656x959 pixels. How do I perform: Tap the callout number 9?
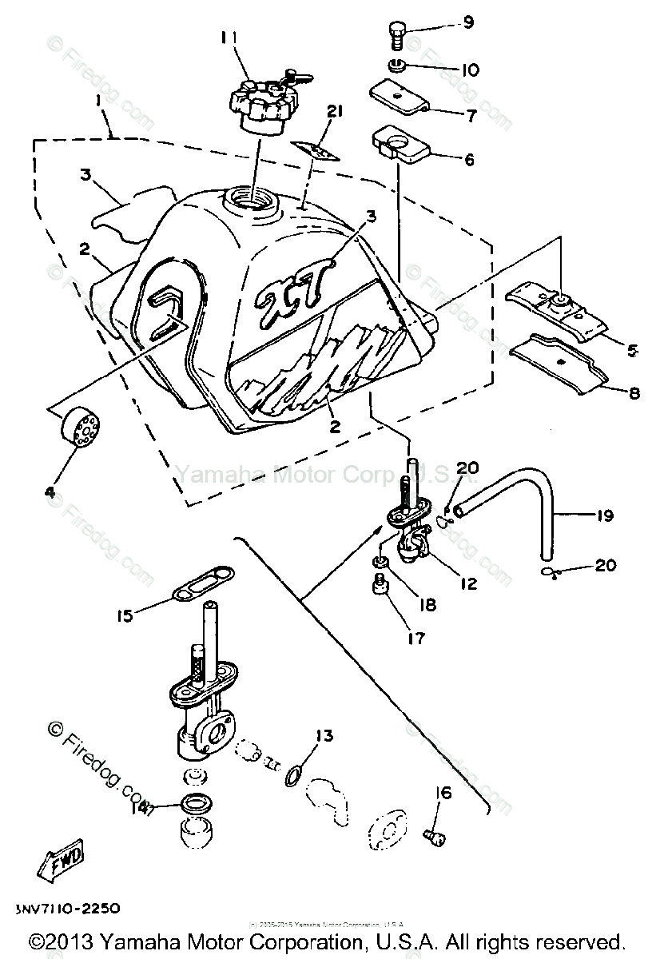coord(468,22)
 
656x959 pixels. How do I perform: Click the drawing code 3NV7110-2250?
coord(68,909)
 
